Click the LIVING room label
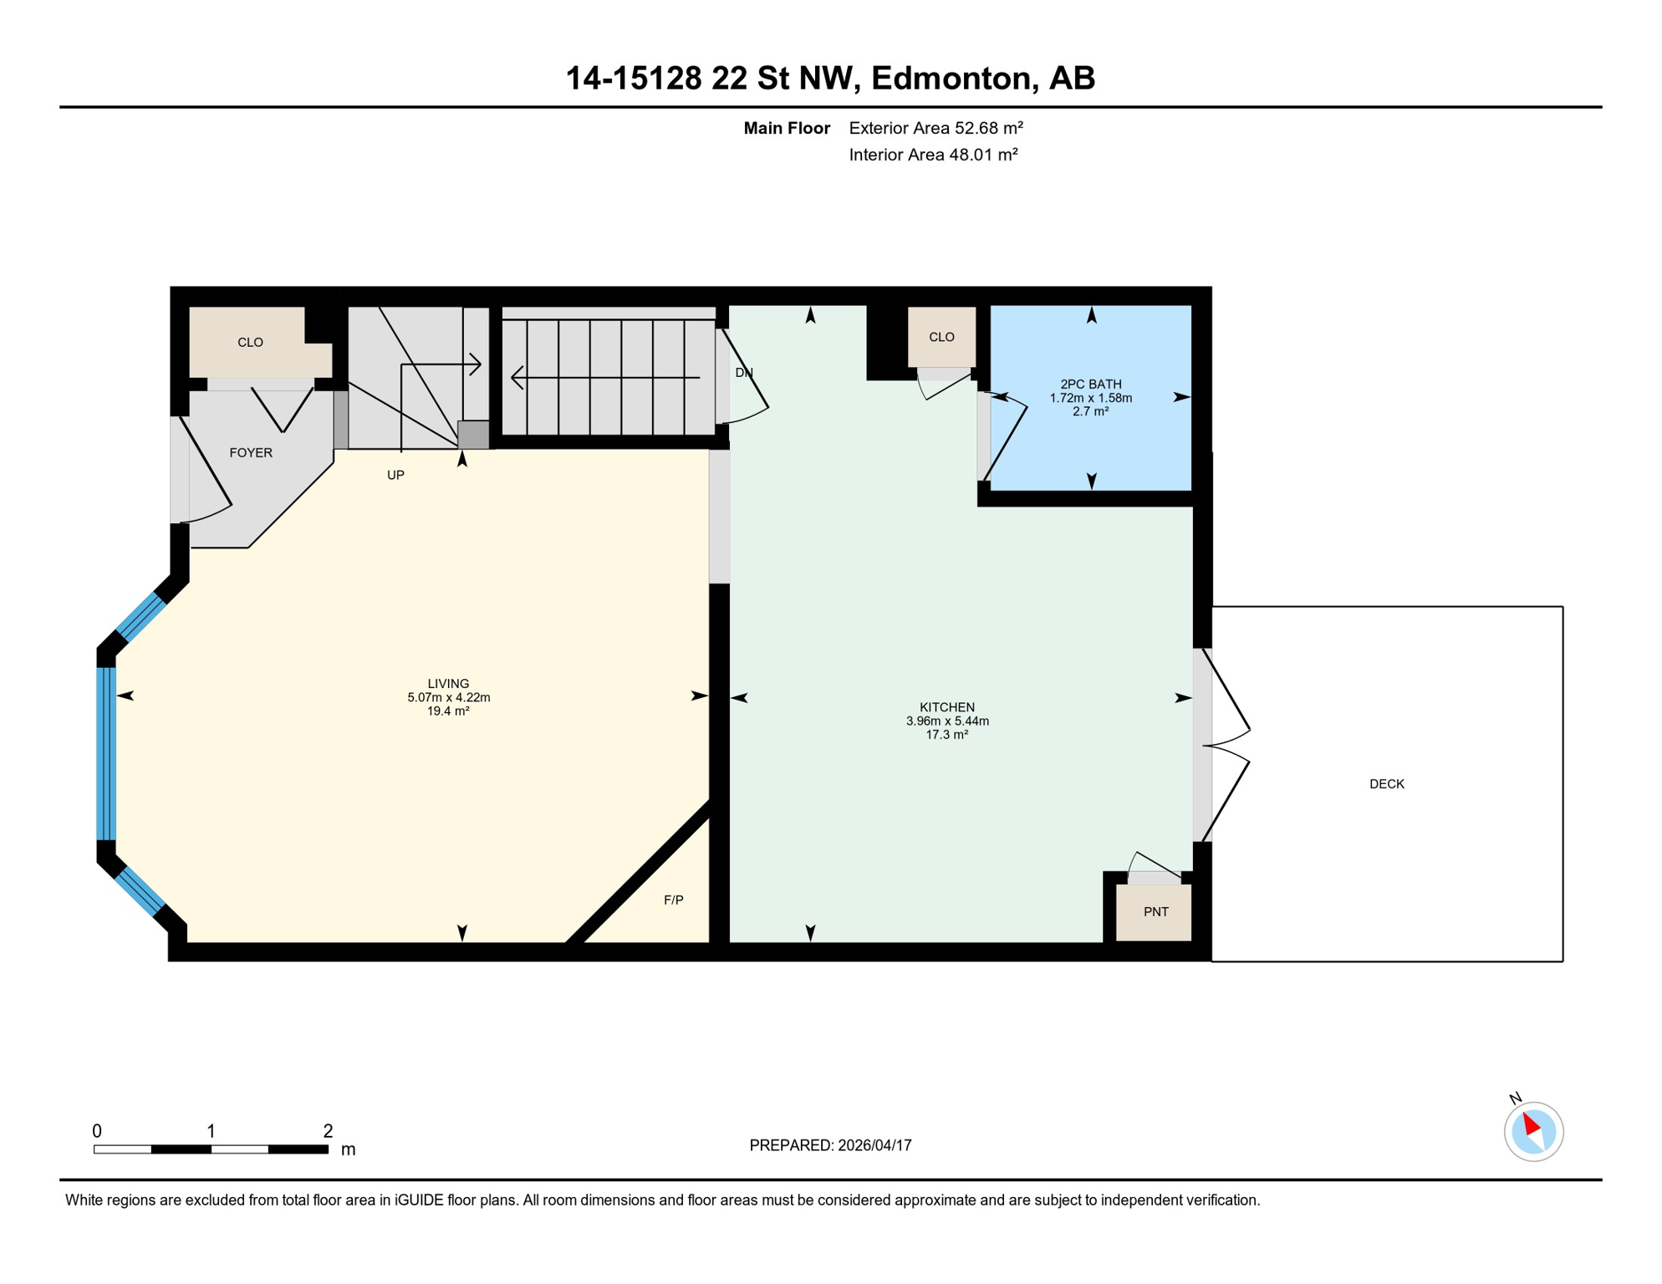pyautogui.click(x=448, y=684)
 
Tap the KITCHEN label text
pyautogui.click(x=947, y=707)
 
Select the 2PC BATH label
pyautogui.click(x=1090, y=385)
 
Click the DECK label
pyautogui.click(x=1386, y=784)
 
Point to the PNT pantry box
pyautogui.click(x=1155, y=911)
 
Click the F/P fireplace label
pyautogui.click(x=673, y=900)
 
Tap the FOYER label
pyautogui.click(x=251, y=453)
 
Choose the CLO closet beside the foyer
pyautogui.click(x=250, y=343)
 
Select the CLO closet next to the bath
pyautogui.click(x=941, y=337)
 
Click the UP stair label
pyautogui.click(x=395, y=475)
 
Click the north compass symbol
pyautogui.click(x=1533, y=1131)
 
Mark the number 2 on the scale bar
pyautogui.click(x=328, y=1131)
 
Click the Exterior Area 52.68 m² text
pyautogui.click(x=936, y=128)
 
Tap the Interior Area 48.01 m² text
pyautogui.click(x=933, y=155)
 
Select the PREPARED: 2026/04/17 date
pyautogui.click(x=830, y=1145)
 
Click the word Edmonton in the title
pyautogui.click(x=951, y=78)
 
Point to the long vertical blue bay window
pyautogui.click(x=106, y=752)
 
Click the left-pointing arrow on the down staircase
pyautogui.click(x=518, y=378)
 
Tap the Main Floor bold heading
pyautogui.click(x=787, y=128)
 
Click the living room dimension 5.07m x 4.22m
pyautogui.click(x=448, y=697)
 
